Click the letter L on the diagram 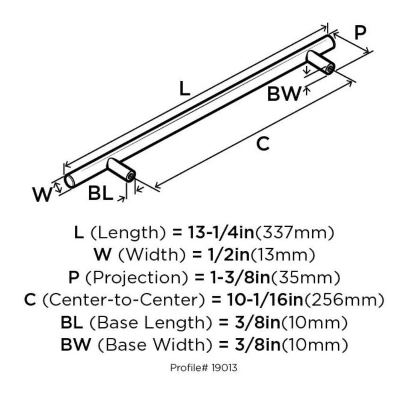[185, 88]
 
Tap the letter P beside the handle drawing [360, 33]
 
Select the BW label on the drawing [284, 94]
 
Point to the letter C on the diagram [263, 144]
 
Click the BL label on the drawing [100, 193]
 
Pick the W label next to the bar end [42, 194]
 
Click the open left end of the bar [69, 181]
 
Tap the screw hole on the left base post [130, 177]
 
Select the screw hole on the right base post [330, 69]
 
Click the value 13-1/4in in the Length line [220, 233]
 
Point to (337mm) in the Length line [294, 233]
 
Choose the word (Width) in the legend [152, 255]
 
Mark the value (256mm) [344, 300]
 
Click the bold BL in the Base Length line [72, 323]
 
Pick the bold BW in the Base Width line [76, 345]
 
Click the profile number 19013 [224, 368]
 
